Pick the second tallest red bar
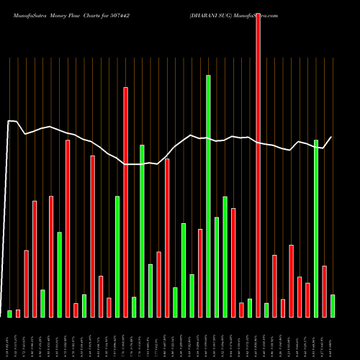[125, 202]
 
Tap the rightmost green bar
[332, 305]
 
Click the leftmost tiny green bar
[10, 313]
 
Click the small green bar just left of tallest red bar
[249, 307]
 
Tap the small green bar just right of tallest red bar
[266, 310]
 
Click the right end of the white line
[332, 137]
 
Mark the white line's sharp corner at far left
[9, 121]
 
